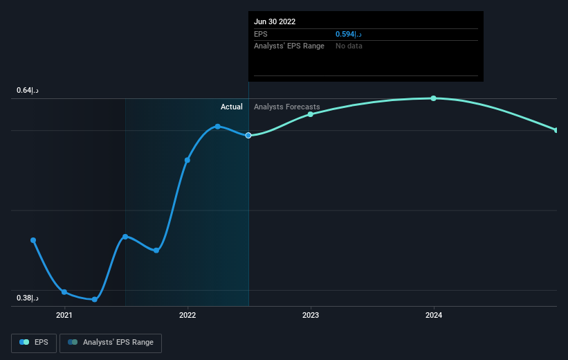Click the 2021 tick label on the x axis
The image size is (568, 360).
coord(64,316)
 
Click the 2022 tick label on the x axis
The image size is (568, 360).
coord(187,316)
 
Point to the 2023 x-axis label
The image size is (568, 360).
coord(311,316)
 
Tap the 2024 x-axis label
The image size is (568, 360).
coord(434,316)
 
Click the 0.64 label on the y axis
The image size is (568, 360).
coord(28,91)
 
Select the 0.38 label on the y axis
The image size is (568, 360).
coord(28,298)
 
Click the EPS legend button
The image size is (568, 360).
coord(34,343)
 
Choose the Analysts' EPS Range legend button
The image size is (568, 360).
coord(111,343)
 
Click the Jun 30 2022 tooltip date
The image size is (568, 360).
coord(275,21)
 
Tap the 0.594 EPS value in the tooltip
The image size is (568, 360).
coord(348,34)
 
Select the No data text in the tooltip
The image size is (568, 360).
coord(349,46)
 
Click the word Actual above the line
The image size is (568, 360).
coord(232,107)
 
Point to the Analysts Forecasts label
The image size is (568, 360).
coord(287,107)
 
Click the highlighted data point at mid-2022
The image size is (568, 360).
coord(248,135)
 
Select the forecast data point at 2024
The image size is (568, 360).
coord(434,98)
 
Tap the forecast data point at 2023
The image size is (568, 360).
coord(311,114)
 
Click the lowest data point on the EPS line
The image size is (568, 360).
coord(95,299)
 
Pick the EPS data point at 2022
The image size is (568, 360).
coord(187,160)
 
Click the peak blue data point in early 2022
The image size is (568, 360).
coord(217,126)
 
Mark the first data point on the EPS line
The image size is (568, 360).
coord(33,240)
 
